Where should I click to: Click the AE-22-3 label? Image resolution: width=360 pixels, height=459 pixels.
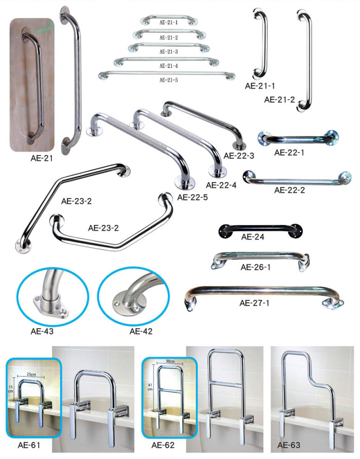click(x=239, y=156)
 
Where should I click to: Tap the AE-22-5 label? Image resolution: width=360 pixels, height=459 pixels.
click(x=192, y=197)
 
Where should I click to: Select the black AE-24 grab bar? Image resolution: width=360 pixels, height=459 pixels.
click(x=261, y=231)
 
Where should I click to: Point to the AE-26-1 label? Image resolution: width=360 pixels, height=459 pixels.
click(x=255, y=267)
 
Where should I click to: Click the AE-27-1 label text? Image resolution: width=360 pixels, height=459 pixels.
click(x=254, y=303)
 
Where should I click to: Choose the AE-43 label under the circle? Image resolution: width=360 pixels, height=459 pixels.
click(x=42, y=331)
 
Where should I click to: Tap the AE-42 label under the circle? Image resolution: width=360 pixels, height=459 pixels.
click(x=141, y=331)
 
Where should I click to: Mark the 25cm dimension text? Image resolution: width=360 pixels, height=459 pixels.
click(x=31, y=375)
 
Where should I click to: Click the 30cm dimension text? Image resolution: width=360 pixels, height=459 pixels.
click(x=170, y=361)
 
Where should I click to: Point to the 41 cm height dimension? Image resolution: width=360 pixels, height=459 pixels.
click(x=150, y=387)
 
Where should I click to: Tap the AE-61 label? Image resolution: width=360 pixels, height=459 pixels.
click(x=29, y=445)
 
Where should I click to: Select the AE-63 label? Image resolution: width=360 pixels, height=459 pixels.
click(x=289, y=445)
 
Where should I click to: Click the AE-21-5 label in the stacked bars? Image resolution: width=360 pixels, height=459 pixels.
click(x=169, y=79)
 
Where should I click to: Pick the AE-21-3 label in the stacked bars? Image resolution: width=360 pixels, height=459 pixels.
click(x=169, y=52)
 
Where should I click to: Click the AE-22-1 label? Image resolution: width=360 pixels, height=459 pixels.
click(x=289, y=152)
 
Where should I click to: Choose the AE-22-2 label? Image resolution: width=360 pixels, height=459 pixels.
click(x=289, y=190)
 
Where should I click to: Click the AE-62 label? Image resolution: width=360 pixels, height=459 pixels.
click(x=163, y=445)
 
